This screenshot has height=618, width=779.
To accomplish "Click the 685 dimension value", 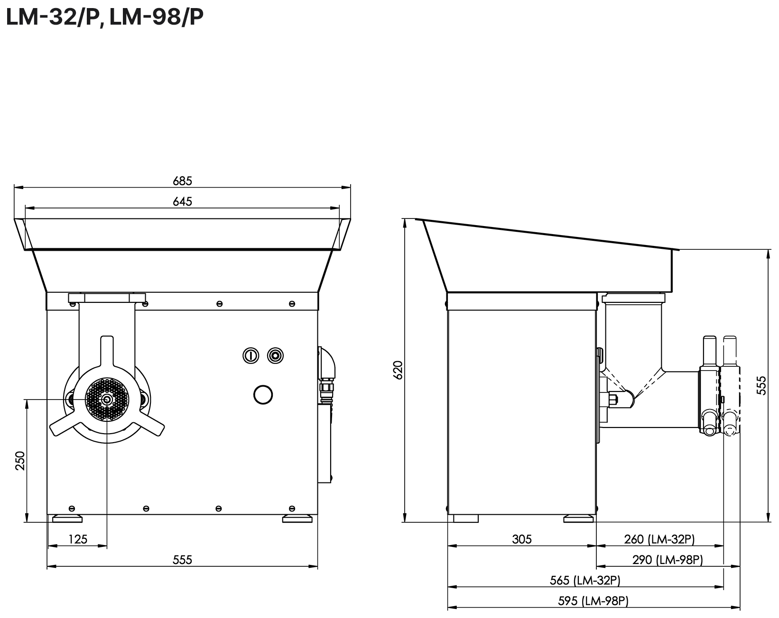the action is (x=182, y=181).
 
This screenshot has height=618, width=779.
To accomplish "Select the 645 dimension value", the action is (x=182, y=201).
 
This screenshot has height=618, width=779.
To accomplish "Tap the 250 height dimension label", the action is (x=20, y=461).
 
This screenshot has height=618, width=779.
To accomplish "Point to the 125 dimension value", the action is (x=78, y=539).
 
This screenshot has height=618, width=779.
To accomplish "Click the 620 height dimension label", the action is (x=398, y=370).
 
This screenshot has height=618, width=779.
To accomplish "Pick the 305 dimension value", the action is (x=521, y=539).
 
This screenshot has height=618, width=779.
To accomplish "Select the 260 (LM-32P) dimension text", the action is (x=659, y=539).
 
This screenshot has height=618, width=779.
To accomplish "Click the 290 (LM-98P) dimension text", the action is (x=668, y=560).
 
